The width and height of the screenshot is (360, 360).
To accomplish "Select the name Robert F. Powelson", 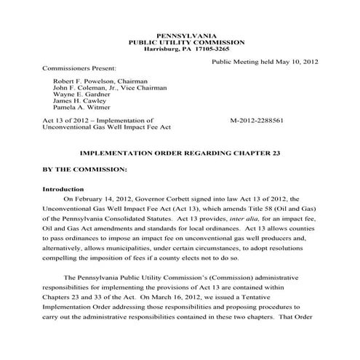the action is [x=83, y=81].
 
